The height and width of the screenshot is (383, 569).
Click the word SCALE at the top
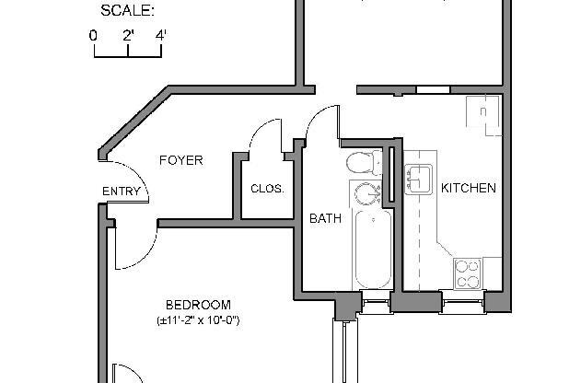127,11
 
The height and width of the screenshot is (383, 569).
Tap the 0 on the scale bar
94,35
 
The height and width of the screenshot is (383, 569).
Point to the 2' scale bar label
128,35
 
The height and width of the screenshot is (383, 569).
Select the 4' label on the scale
161,35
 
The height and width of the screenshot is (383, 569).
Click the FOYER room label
180,160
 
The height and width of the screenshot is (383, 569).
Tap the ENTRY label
122,192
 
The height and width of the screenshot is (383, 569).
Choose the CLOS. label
267,189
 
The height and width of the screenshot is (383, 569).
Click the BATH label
325,219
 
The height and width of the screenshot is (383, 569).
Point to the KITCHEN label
469,188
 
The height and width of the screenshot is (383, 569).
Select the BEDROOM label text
198,305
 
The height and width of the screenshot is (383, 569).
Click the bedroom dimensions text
198,320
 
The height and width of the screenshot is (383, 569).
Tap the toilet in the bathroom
364,164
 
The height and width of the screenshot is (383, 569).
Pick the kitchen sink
419,178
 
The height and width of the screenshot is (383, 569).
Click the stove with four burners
468,273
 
